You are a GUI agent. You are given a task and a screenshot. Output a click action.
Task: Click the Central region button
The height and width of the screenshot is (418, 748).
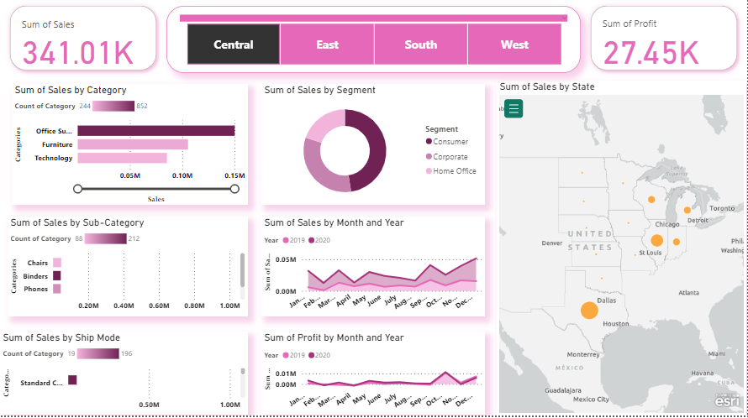click(x=234, y=44)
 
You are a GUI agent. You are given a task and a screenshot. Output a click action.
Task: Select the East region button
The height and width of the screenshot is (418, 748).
click(x=327, y=44)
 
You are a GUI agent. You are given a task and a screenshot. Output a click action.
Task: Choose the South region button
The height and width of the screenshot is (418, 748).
click(x=420, y=44)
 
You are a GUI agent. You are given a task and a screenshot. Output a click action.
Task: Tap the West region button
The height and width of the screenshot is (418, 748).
click(x=514, y=44)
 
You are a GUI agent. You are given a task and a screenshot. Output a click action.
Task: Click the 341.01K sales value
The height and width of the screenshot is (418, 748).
click(x=77, y=53)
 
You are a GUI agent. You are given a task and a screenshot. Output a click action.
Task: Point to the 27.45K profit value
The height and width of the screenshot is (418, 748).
click(x=651, y=53)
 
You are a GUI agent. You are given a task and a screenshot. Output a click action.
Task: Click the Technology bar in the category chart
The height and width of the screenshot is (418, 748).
click(x=122, y=158)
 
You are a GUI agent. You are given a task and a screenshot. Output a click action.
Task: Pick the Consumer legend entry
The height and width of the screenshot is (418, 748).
click(x=450, y=142)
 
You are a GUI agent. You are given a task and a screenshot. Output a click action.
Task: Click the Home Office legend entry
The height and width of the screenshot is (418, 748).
click(x=455, y=170)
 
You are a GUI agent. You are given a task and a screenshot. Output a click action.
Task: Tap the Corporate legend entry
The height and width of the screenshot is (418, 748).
click(x=450, y=156)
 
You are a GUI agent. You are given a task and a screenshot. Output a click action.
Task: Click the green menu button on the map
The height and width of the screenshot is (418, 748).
click(x=514, y=108)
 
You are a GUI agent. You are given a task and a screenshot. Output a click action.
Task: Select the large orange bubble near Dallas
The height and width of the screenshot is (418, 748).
click(x=588, y=311)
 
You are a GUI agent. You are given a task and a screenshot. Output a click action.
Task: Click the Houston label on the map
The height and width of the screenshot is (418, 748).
click(x=616, y=323)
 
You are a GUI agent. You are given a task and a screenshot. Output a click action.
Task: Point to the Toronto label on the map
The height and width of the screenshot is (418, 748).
click(x=721, y=207)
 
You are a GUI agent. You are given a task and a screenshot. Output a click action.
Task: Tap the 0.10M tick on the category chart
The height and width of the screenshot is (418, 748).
click(x=182, y=175)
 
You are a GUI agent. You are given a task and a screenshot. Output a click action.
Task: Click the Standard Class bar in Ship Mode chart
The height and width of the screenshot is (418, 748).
click(x=72, y=380)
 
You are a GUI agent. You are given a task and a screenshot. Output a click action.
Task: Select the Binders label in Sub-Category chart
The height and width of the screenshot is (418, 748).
click(x=36, y=275)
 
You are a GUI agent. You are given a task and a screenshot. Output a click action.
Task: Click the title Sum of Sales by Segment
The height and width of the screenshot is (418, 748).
click(x=319, y=90)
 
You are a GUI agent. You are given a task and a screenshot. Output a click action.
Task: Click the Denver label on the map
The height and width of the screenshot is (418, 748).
click(x=552, y=243)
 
